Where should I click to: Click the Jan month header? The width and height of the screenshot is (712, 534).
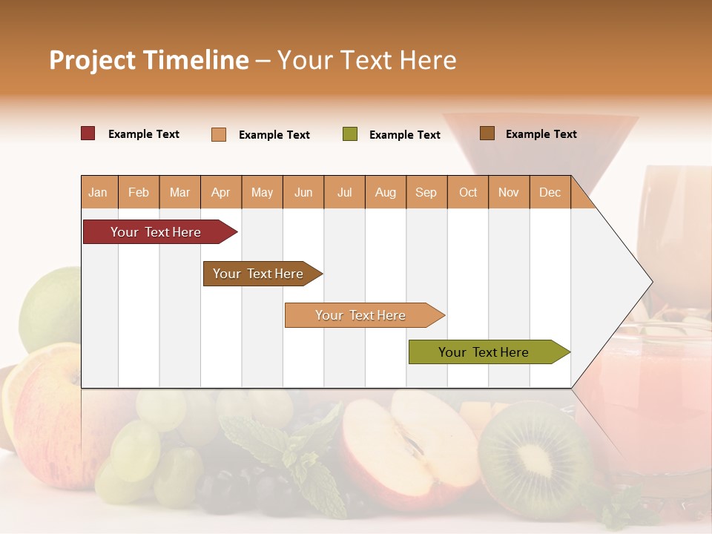98,192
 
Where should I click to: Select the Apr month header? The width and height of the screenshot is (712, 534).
220,192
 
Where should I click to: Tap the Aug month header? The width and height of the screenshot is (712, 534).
385,192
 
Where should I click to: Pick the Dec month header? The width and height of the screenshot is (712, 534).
550,192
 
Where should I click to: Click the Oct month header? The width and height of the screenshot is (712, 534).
467,192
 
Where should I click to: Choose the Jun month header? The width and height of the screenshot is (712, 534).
303,192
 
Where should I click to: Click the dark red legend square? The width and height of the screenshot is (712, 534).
88,133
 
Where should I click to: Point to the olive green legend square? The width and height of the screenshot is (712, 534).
350,134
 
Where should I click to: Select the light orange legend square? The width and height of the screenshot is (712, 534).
219,134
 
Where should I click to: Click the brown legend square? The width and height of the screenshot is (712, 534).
487,133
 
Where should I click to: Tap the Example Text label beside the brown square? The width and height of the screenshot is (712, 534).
541,133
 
